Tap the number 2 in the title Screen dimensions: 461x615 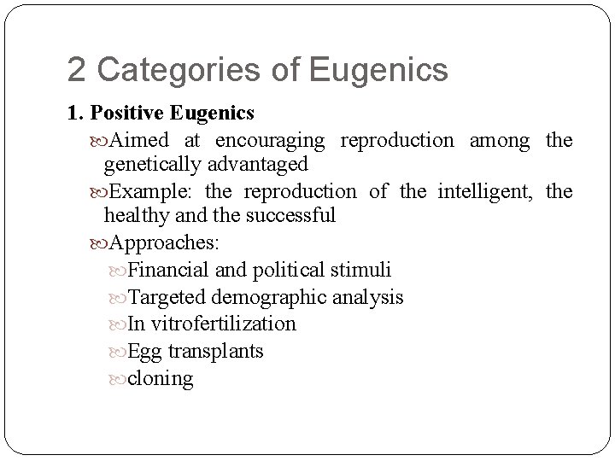click(77, 70)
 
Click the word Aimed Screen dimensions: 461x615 click(140, 140)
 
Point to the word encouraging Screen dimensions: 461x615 click(270, 140)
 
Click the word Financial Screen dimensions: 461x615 click(167, 271)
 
